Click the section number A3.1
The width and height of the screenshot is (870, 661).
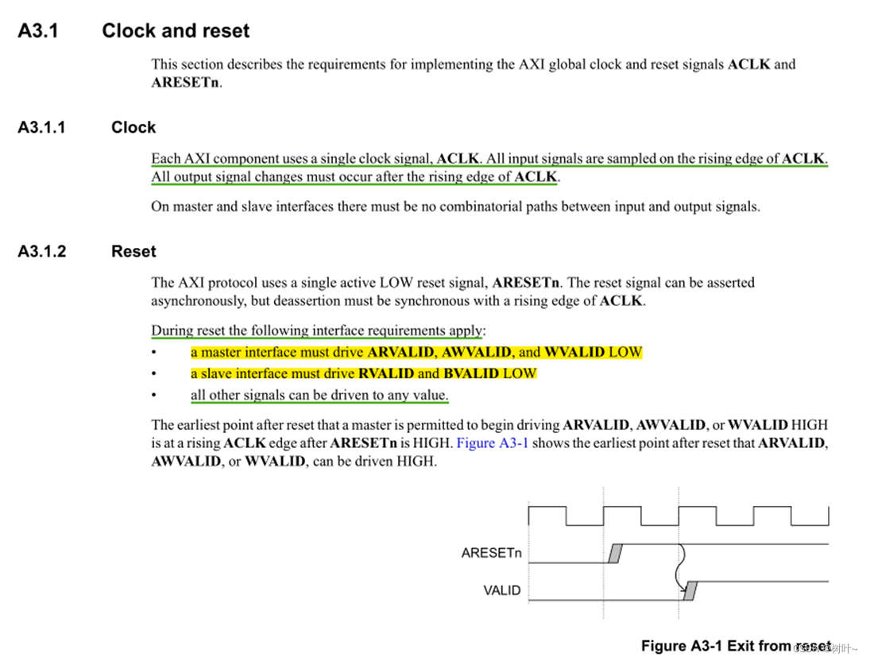38,31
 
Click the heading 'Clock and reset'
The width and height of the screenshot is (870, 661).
176,31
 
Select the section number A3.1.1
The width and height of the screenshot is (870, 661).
42,127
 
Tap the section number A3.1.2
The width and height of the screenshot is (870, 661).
42,251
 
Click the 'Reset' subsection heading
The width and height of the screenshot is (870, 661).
133,251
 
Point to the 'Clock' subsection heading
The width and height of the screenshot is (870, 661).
133,127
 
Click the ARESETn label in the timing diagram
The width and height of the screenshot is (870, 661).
491,553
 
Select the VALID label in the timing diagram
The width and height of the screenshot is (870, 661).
502,590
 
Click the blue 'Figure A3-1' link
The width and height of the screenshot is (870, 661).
493,443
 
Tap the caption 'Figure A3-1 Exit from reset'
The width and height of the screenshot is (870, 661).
736,646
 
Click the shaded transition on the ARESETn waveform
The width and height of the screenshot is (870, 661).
615,553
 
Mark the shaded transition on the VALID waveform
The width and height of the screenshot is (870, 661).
690,590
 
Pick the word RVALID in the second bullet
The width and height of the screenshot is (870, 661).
386,373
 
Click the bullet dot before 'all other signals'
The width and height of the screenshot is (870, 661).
156,396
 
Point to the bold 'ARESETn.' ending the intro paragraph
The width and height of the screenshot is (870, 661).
187,82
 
